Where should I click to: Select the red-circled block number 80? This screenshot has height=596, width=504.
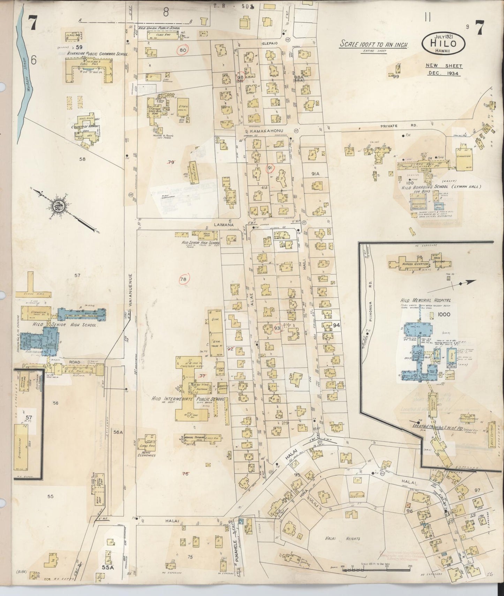pos(182,50)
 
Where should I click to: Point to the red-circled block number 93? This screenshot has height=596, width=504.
pos(277,328)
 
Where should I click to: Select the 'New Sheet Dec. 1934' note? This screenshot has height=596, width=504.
pos(443,69)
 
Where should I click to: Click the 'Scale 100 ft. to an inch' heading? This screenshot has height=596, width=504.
pos(374,45)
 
